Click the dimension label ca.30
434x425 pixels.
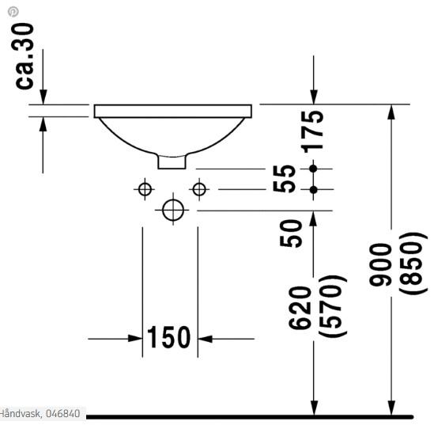point(25,55)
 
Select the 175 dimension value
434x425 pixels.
point(314,131)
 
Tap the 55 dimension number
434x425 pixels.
point(286,179)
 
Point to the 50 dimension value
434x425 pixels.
point(292,233)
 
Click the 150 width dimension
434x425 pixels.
point(169,338)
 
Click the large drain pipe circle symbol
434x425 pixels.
point(172,210)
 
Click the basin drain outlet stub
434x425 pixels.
point(173,161)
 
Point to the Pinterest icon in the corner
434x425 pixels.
point(13,12)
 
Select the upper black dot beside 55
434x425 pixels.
point(314,169)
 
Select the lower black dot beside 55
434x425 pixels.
point(314,189)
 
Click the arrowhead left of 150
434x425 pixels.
point(135,339)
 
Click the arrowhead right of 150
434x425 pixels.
point(205,339)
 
